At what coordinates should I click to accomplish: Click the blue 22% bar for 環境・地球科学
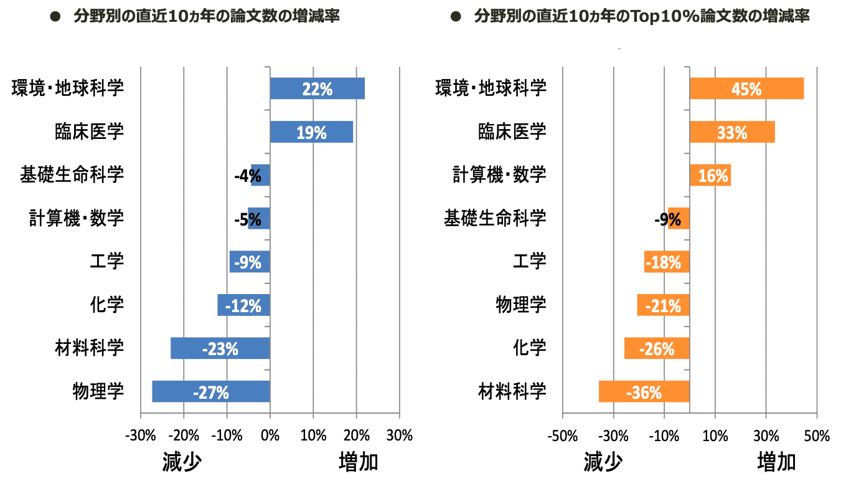point(317,88)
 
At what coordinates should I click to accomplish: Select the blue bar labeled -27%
point(210,391)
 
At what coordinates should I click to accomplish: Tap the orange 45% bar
point(746,88)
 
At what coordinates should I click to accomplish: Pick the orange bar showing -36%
point(644,391)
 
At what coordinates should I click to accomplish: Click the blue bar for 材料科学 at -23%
point(220,348)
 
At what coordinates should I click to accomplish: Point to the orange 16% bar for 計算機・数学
point(710,175)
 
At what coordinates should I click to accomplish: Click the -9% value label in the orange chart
point(667,219)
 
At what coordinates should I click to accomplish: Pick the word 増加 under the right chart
point(776,462)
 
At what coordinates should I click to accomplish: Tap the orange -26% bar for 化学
point(657,348)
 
